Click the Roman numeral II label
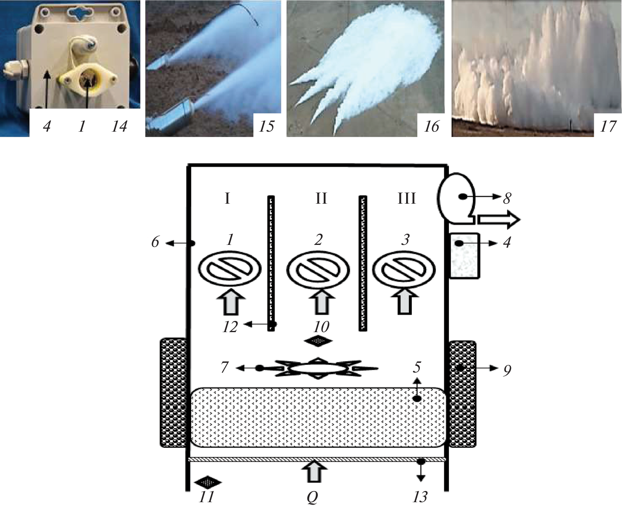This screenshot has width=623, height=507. coord(321,198)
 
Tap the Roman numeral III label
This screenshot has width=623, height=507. coord(406,198)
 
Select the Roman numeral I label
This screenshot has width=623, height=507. coord(227,198)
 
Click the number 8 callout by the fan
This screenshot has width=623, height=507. coord(507,198)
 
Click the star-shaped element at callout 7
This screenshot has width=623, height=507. coord(318,368)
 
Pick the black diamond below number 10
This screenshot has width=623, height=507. coord(318,341)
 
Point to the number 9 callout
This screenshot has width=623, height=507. coord(507,371)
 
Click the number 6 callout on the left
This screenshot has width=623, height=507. coord(155,242)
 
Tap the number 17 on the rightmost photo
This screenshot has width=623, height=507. coord(608,127)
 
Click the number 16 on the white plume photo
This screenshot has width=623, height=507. coord(431,127)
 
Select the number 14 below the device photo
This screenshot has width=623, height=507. coord(119,127)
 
